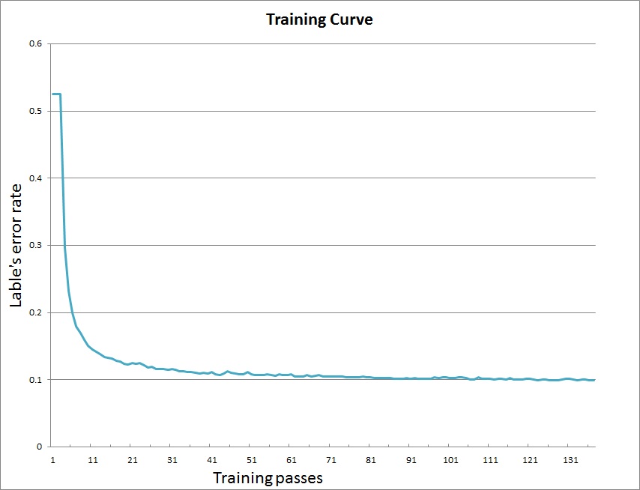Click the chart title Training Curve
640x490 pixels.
[x=319, y=20]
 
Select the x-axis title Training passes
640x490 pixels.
[x=268, y=477]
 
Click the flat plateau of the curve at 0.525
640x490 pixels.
[x=55, y=94]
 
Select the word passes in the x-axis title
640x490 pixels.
[x=298, y=478]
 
